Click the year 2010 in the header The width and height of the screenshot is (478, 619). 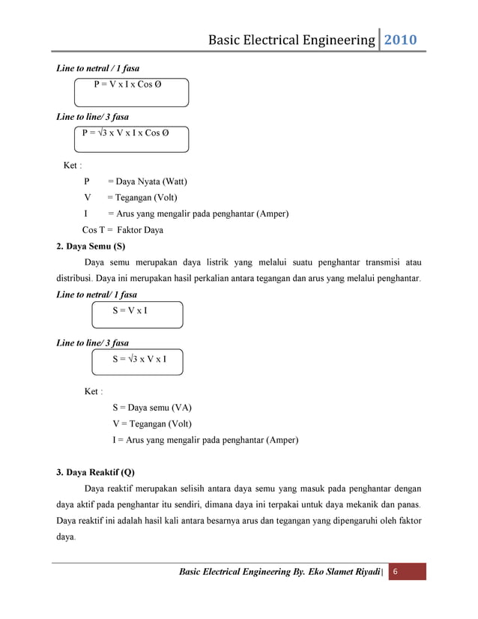[401, 40]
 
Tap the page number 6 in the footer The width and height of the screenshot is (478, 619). [396, 572]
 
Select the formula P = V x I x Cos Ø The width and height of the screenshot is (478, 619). [127, 85]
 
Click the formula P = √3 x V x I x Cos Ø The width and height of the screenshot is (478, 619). [125, 133]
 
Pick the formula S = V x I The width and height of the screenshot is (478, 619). [130, 310]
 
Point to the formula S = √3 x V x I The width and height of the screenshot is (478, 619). [139, 359]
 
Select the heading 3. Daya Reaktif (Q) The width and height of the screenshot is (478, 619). [96, 473]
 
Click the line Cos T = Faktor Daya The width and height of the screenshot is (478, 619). [122, 230]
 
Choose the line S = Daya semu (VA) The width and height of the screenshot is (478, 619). [152, 408]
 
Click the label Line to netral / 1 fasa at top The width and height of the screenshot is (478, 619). [98, 68]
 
